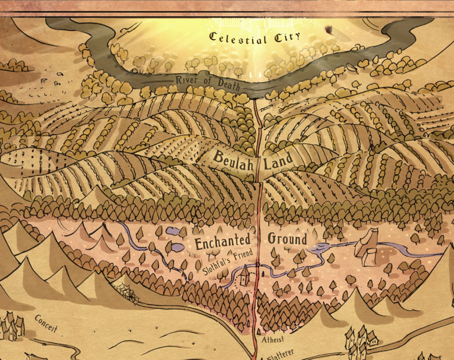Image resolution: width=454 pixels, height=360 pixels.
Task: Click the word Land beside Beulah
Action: tap(278, 162)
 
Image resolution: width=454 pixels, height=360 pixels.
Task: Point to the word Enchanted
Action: tap(222, 243)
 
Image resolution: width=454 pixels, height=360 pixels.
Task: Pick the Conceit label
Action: tap(46, 324)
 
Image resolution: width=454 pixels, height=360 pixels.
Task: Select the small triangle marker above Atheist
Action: tap(259, 332)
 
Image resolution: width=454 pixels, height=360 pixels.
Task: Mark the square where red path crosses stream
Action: tap(258, 265)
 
